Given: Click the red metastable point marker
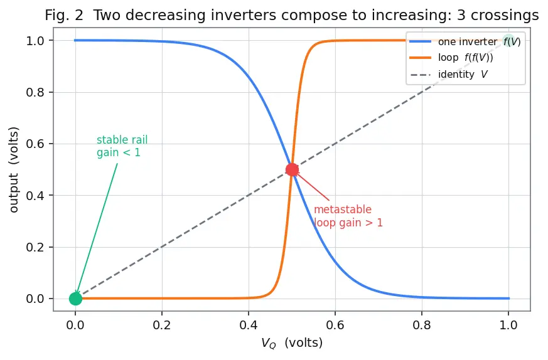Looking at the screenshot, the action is pos(292,170).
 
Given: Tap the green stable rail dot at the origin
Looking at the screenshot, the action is pos(75,299).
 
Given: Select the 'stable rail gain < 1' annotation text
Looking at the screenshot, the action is pos(122,146).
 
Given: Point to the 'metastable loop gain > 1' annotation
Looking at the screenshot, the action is pos(348,216).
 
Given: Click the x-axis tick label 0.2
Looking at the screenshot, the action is pos(162,325).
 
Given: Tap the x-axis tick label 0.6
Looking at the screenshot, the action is pos(335,325).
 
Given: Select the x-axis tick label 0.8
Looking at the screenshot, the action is pos(422,325).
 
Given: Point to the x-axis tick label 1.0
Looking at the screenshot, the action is pos(508,325).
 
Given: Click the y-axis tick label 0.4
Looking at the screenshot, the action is pos(35,196).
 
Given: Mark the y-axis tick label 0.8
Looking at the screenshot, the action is pos(35,92).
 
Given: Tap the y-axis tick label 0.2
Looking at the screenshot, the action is pos(35,247).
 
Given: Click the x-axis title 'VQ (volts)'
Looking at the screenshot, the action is pos(292,343).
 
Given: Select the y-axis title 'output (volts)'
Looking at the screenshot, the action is pos(14,170).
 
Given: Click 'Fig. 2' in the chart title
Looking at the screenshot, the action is pos(64,15).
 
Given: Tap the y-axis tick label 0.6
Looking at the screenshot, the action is pos(35,144).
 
